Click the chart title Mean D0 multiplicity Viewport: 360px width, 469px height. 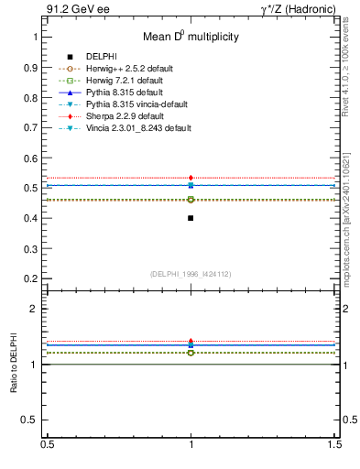[191, 38]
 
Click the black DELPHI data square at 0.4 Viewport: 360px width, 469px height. [191, 218]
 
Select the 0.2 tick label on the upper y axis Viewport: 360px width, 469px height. [31, 278]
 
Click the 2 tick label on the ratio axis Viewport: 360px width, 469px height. [35, 309]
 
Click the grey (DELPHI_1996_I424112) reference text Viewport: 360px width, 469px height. [191, 273]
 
